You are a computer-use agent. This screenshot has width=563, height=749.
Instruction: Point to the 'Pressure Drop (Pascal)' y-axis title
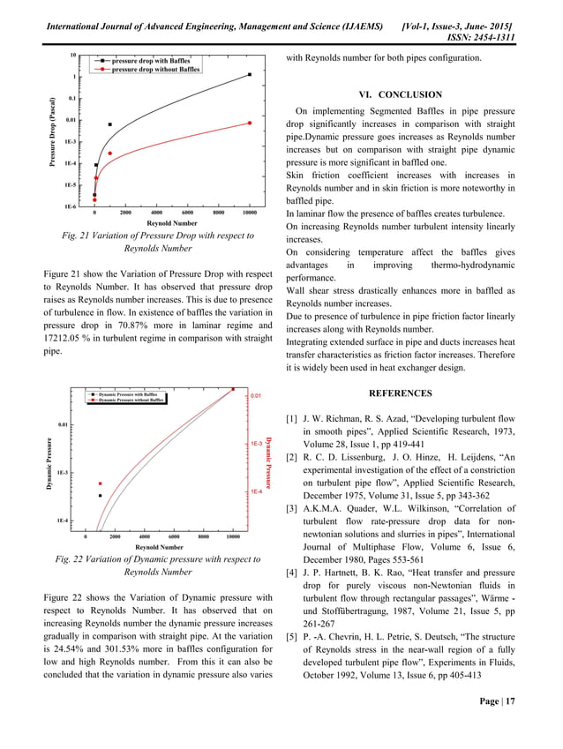click(54, 131)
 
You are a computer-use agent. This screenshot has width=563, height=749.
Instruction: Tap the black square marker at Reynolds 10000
click(250, 75)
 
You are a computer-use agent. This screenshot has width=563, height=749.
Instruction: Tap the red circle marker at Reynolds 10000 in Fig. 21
click(250, 123)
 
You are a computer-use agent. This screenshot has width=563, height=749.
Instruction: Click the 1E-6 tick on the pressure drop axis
click(67, 206)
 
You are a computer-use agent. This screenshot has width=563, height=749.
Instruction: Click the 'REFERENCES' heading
click(400, 393)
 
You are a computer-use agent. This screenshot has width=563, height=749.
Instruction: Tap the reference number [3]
click(292, 509)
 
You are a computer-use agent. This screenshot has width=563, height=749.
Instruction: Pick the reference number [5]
click(292, 637)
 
